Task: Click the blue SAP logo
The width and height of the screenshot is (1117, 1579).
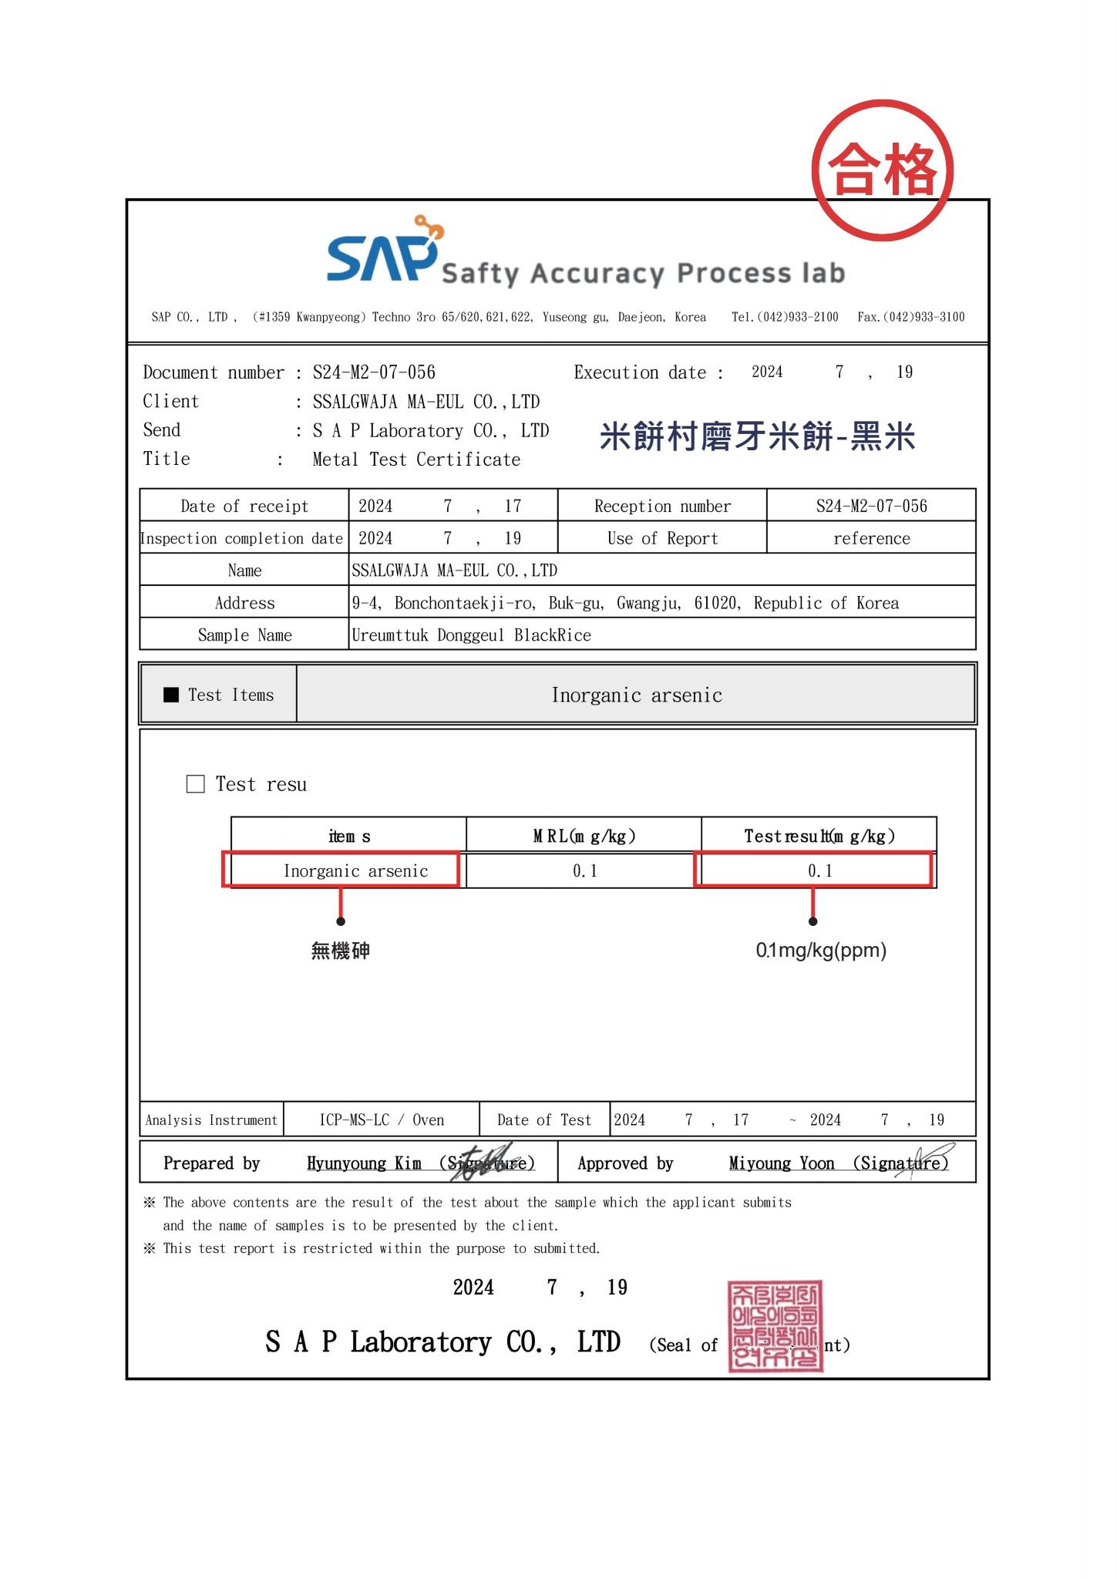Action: pos(382,254)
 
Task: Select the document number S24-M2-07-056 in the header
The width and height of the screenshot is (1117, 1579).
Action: pos(374,372)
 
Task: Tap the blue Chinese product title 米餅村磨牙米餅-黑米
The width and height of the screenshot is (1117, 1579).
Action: pos(757,436)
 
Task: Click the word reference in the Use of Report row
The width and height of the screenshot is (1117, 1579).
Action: pos(871,538)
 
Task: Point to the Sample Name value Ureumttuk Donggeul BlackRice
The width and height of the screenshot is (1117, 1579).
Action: pos(471,635)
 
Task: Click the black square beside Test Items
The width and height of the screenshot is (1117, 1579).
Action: pos(171,695)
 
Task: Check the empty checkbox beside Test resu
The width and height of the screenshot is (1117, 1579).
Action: pos(196,784)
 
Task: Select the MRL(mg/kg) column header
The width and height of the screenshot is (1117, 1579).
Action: pos(584,836)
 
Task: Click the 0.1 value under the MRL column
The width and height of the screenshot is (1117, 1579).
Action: pos(584,870)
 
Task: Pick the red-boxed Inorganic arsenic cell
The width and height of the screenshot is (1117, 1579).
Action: pos(355,870)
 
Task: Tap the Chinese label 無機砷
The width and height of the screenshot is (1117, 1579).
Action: pos(340,951)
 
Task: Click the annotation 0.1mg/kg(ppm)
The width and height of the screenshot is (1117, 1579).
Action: pos(821,950)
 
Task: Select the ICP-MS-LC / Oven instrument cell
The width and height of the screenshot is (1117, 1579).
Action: pos(382,1119)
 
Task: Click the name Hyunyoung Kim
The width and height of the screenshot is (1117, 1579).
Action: pos(364,1163)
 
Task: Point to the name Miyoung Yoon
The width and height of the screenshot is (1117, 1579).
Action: pos(782,1163)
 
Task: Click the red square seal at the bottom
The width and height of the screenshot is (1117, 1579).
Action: pos(775,1326)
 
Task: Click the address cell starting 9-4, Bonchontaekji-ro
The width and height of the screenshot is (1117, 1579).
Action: pos(624,603)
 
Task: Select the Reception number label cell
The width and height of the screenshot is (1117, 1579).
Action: pos(662,506)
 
